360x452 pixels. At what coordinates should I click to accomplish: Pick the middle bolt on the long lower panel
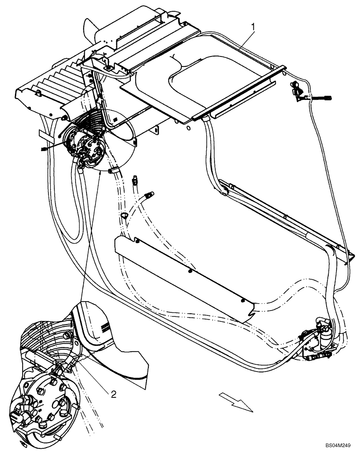pyautogui.click(x=189, y=271)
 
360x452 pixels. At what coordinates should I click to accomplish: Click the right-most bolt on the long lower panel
pyautogui.click(x=242, y=300)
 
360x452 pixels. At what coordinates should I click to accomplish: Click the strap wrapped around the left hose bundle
pyautogui.click(x=45, y=134)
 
